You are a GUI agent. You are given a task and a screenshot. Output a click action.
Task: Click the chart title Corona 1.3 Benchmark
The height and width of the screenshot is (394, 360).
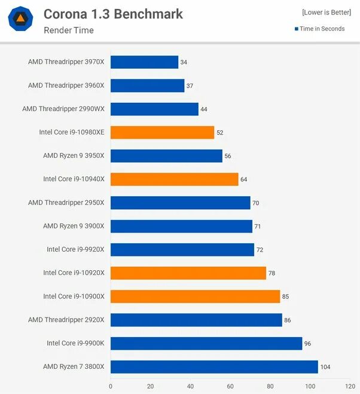click(x=113, y=14)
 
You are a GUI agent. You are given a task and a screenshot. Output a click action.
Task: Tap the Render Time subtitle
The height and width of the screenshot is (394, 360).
click(x=69, y=30)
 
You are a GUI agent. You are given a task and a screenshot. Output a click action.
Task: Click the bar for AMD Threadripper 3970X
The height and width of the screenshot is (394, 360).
click(x=144, y=62)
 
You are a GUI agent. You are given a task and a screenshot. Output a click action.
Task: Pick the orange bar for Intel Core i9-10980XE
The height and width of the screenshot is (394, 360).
click(x=162, y=133)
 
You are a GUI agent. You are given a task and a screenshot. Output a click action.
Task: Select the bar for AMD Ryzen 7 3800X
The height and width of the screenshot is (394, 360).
click(x=214, y=366)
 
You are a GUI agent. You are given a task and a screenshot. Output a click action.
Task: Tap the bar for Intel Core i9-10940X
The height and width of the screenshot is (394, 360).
click(x=174, y=179)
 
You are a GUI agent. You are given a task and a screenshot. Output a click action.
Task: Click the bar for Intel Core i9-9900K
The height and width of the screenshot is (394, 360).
click(x=206, y=343)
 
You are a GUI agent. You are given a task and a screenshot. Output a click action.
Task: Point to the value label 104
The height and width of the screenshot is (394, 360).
click(x=325, y=367)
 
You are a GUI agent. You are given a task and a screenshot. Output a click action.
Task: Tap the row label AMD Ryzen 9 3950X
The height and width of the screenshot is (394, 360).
click(x=74, y=156)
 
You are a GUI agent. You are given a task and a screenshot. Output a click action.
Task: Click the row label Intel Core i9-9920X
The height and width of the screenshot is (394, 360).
click(x=75, y=249)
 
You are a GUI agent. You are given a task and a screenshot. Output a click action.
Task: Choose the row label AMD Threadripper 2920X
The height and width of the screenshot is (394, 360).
click(x=66, y=320)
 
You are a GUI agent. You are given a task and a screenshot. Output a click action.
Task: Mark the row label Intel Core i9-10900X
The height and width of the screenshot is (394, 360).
click(x=74, y=297)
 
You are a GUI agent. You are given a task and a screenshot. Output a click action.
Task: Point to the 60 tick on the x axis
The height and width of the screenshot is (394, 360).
click(x=230, y=386)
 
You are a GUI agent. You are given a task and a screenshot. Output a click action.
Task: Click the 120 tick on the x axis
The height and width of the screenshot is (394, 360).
click(x=350, y=386)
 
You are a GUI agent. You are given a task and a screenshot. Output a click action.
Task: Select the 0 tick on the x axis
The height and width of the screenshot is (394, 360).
click(x=111, y=386)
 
